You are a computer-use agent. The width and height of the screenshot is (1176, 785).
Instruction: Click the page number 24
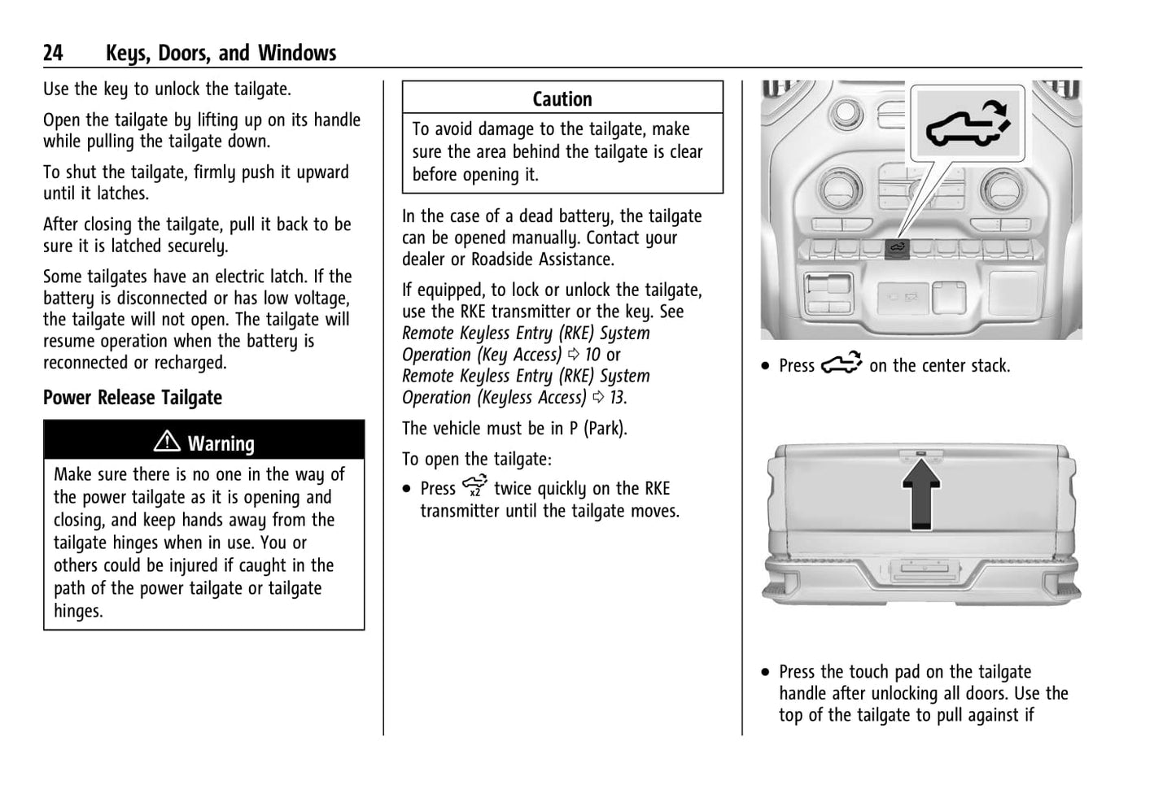click(x=53, y=53)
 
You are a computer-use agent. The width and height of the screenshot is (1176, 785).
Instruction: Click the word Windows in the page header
click(x=297, y=53)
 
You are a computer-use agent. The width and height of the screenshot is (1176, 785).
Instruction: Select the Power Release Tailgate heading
click(x=133, y=398)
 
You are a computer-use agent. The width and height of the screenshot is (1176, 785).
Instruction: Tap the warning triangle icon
click(x=167, y=441)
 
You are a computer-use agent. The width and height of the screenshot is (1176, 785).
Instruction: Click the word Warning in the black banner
click(x=221, y=444)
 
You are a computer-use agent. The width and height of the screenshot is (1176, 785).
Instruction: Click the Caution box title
click(x=562, y=99)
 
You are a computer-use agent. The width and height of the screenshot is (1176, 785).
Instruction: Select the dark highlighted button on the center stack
click(x=897, y=249)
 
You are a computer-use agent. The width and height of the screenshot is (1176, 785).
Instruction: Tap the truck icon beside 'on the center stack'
click(x=842, y=363)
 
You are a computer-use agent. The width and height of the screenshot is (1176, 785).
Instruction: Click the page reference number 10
click(x=592, y=355)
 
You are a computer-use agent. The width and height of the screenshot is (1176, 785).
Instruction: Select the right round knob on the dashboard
click(x=1002, y=189)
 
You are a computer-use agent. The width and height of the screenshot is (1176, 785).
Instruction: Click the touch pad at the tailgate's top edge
click(x=920, y=453)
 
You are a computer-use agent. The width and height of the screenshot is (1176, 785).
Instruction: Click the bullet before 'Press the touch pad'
click(x=766, y=672)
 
